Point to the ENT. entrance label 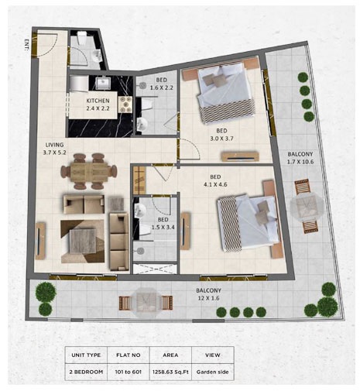[27, 44]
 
